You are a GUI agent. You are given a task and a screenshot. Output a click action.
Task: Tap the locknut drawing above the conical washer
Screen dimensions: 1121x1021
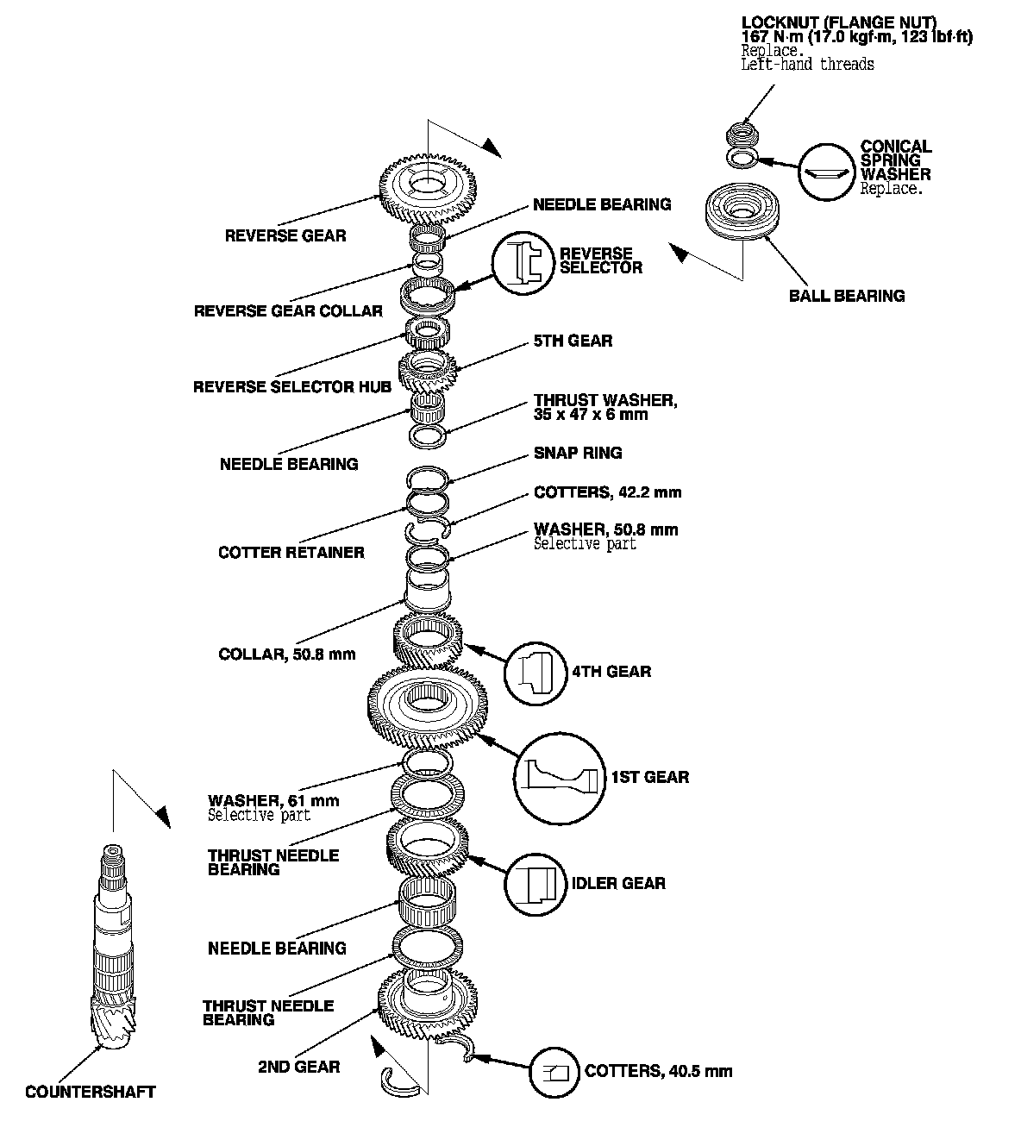point(739,134)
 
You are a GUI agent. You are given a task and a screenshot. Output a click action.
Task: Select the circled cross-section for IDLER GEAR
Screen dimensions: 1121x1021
point(536,884)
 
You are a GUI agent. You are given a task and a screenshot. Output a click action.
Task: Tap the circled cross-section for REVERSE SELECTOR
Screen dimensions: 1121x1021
point(523,262)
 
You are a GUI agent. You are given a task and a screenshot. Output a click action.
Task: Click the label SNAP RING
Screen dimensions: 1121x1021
point(578,454)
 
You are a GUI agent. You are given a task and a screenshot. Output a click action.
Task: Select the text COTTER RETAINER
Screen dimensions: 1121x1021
point(291,553)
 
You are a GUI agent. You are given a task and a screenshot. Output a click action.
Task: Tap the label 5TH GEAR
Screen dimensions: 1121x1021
point(573,341)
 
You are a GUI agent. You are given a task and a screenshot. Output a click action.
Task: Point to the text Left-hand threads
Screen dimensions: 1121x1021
point(807,65)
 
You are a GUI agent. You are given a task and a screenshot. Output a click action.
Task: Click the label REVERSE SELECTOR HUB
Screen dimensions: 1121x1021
point(291,387)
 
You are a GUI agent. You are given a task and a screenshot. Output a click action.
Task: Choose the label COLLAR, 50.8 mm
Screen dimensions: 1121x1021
point(286,654)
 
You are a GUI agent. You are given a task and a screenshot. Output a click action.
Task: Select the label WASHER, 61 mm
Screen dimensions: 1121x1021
point(273,801)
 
